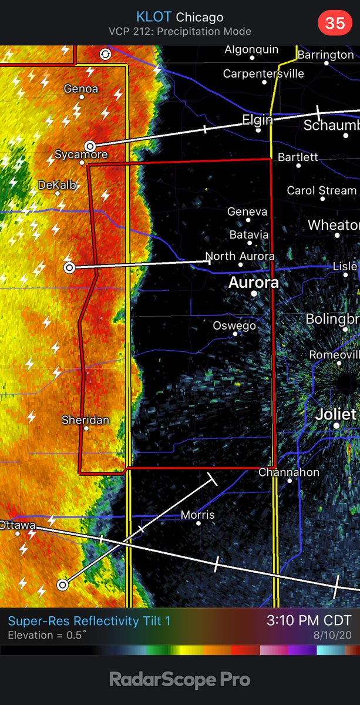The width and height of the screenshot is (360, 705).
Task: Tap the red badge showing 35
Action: (x=335, y=23)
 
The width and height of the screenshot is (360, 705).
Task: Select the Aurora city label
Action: (x=253, y=283)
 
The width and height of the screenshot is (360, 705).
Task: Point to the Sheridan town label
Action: (x=85, y=420)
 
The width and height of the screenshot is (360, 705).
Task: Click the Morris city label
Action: (x=197, y=515)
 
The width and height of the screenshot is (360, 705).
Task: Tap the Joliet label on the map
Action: (x=336, y=414)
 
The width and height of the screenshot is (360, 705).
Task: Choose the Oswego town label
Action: (x=234, y=325)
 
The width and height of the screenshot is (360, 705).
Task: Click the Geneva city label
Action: (x=247, y=211)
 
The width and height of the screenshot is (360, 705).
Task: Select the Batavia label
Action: (x=248, y=234)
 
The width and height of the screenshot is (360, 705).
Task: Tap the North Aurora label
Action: (x=240, y=256)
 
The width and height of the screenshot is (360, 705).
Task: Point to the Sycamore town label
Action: (x=81, y=155)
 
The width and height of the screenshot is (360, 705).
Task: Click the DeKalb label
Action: (x=57, y=184)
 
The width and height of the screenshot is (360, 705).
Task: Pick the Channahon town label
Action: (x=289, y=472)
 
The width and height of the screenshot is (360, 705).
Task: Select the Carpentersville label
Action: (x=264, y=73)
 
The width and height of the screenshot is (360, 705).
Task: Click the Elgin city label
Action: (x=258, y=120)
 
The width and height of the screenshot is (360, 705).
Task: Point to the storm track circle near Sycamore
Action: (x=90, y=145)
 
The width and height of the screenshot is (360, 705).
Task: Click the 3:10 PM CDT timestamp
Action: (x=309, y=620)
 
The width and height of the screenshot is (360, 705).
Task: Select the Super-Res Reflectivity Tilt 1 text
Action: (x=89, y=620)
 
